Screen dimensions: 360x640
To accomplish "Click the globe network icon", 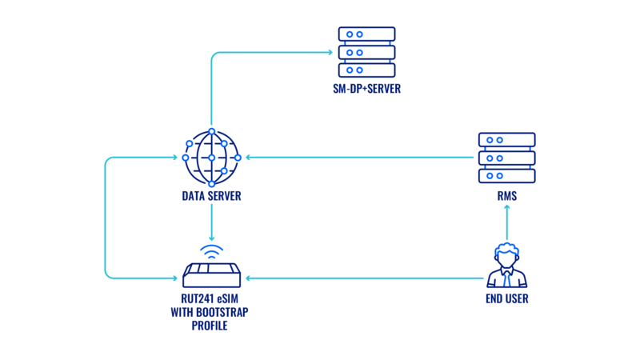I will tap(211, 158).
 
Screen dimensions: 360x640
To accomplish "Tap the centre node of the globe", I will tap(211, 158).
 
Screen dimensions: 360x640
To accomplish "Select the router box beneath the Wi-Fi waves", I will tap(211, 275).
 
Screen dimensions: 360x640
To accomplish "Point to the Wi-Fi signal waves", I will tap(211, 251).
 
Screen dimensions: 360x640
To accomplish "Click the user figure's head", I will tap(506, 252).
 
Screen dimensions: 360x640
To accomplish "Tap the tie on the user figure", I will tap(506, 279).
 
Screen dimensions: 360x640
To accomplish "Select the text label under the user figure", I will tap(506, 298).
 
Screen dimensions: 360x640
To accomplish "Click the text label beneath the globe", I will tap(211, 195).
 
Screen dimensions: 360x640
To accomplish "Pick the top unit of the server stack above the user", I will tap(506, 140).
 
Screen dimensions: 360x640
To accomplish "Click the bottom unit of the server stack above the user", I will tap(506, 175).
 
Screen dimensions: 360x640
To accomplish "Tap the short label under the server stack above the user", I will tap(506, 195).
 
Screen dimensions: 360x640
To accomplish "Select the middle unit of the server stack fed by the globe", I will tap(366, 52).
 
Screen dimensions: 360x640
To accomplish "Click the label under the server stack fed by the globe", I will tap(366, 88).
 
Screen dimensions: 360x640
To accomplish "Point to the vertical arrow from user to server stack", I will tap(506, 222).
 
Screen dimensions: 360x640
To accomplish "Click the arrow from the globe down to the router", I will tap(211, 220).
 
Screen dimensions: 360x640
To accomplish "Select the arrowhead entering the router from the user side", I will tap(249, 278).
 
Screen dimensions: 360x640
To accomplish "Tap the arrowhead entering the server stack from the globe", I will tap(330, 52).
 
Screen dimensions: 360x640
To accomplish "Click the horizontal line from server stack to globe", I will tap(360, 158).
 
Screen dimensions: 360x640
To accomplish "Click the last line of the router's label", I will tap(209, 326).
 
